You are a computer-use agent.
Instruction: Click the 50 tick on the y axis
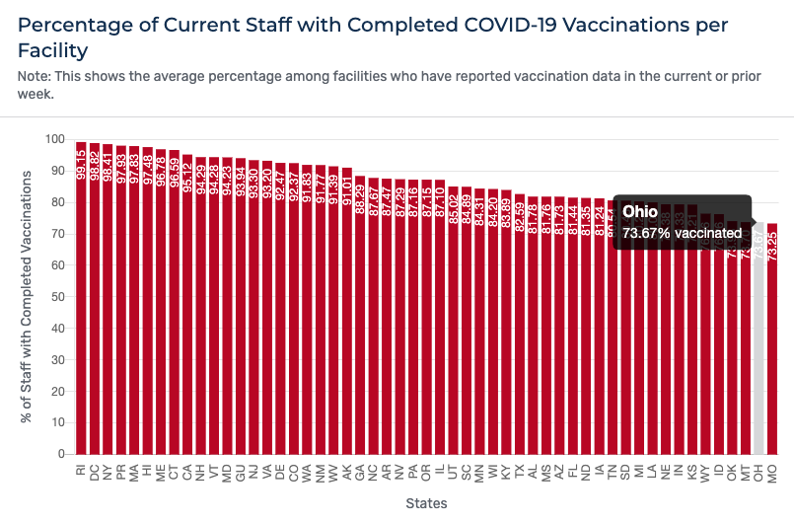click(56, 297)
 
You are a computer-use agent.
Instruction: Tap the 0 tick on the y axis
click(59, 454)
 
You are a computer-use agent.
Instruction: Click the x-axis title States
click(426, 503)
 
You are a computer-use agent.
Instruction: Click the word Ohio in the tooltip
click(640, 212)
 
